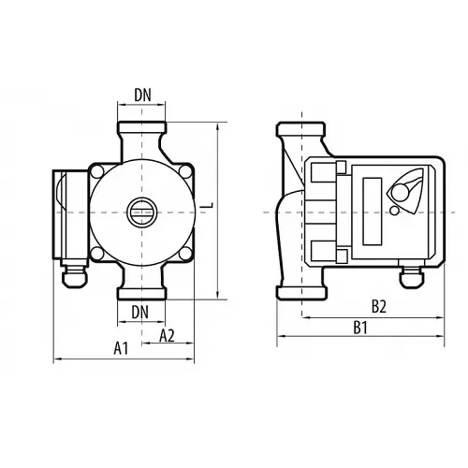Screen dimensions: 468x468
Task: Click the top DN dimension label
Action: coord(141,94)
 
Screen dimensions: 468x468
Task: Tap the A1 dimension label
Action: coord(120,347)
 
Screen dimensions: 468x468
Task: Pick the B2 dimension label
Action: coord(379,305)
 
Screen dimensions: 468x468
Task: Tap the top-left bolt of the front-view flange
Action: coord(97,170)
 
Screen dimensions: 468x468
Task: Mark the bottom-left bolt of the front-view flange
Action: coord(97,250)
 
